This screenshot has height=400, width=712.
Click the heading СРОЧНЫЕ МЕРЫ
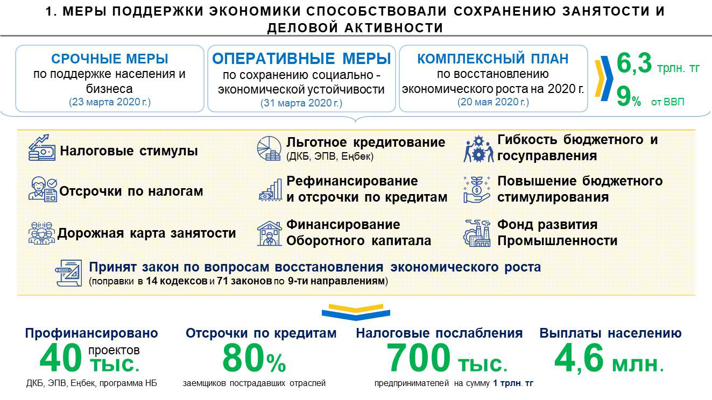tap(110, 59)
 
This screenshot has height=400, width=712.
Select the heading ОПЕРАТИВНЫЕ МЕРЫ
tap(301, 59)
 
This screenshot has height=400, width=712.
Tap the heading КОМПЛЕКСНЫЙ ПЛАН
tap(493, 59)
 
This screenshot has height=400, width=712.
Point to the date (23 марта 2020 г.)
tap(110, 102)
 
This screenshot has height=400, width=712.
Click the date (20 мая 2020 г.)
tap(493, 102)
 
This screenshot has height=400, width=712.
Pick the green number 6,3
tap(634, 63)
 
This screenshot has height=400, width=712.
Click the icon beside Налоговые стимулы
tap(41, 147)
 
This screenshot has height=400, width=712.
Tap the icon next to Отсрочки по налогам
tap(43, 189)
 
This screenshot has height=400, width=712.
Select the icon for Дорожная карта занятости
tap(41, 233)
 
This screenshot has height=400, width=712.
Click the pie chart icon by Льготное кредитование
tap(269, 148)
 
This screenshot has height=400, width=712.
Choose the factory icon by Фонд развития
tap(477, 233)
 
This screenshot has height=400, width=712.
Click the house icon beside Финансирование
tap(269, 234)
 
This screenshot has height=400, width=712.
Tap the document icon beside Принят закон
tap(69, 273)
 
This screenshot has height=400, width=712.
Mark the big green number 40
tap(61, 358)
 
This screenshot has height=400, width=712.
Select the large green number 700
tap(418, 358)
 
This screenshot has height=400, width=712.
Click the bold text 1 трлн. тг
tap(513, 383)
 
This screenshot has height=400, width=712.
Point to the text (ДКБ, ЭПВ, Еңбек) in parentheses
tap(330, 156)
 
